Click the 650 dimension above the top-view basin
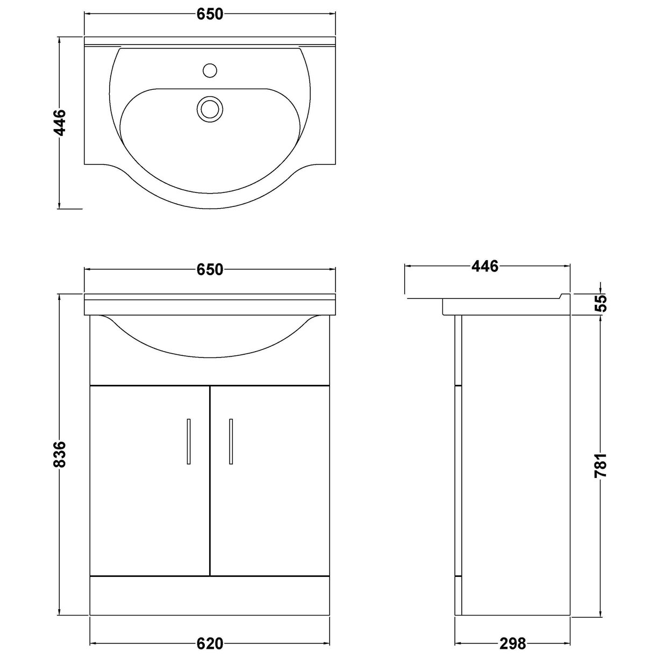click(x=210, y=15)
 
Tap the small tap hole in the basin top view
click(x=210, y=70)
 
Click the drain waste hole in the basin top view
click(x=210, y=108)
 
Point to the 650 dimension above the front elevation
click(x=210, y=269)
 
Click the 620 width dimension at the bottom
click(x=210, y=643)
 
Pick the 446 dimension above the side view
click(x=485, y=266)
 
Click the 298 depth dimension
click(x=512, y=643)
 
